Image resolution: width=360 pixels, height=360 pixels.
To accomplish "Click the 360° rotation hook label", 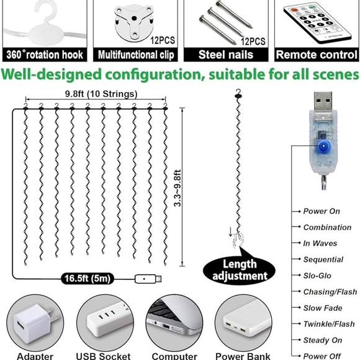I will click(44, 55).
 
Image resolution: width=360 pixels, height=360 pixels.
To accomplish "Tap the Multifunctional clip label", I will click(135, 55).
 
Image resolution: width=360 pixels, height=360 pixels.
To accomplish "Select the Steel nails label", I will click(227, 55).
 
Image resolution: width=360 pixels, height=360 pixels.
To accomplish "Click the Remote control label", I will click(317, 55).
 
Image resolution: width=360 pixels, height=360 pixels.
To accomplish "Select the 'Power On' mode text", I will click(322, 211).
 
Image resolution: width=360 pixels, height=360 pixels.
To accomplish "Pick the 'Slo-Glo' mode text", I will click(318, 276).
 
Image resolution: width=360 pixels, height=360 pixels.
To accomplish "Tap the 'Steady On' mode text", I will click(323, 340).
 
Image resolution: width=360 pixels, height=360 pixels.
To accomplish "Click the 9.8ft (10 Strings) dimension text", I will click(97, 93).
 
